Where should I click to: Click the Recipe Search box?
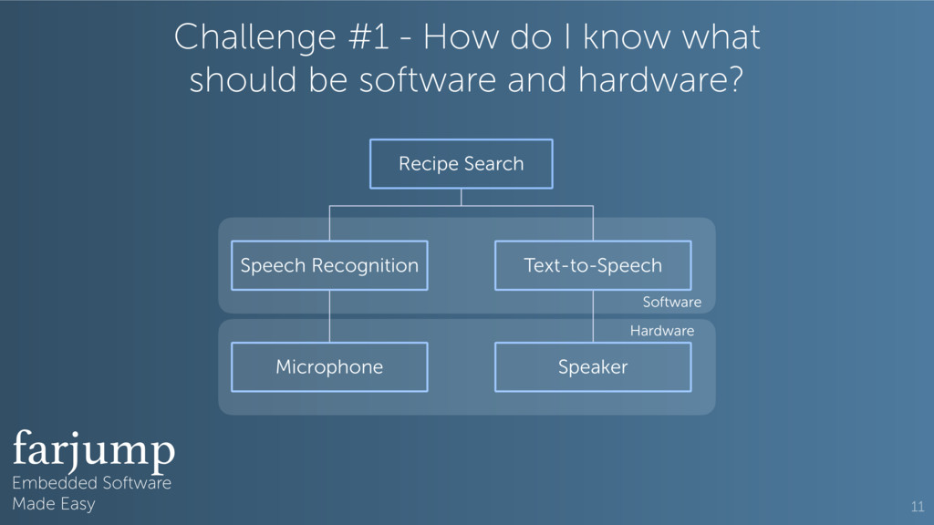click(461, 164)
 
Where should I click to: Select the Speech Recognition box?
click(329, 265)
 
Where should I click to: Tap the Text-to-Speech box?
click(592, 265)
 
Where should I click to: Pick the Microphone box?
click(329, 366)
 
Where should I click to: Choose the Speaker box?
click(592, 366)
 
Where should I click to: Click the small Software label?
click(671, 302)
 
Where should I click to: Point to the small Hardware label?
click(661, 331)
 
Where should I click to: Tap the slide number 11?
click(917, 507)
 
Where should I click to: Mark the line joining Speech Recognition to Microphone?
click(329, 316)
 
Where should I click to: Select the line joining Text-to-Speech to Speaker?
click(593, 316)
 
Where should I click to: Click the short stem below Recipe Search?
click(462, 197)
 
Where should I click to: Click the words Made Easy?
click(53, 503)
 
